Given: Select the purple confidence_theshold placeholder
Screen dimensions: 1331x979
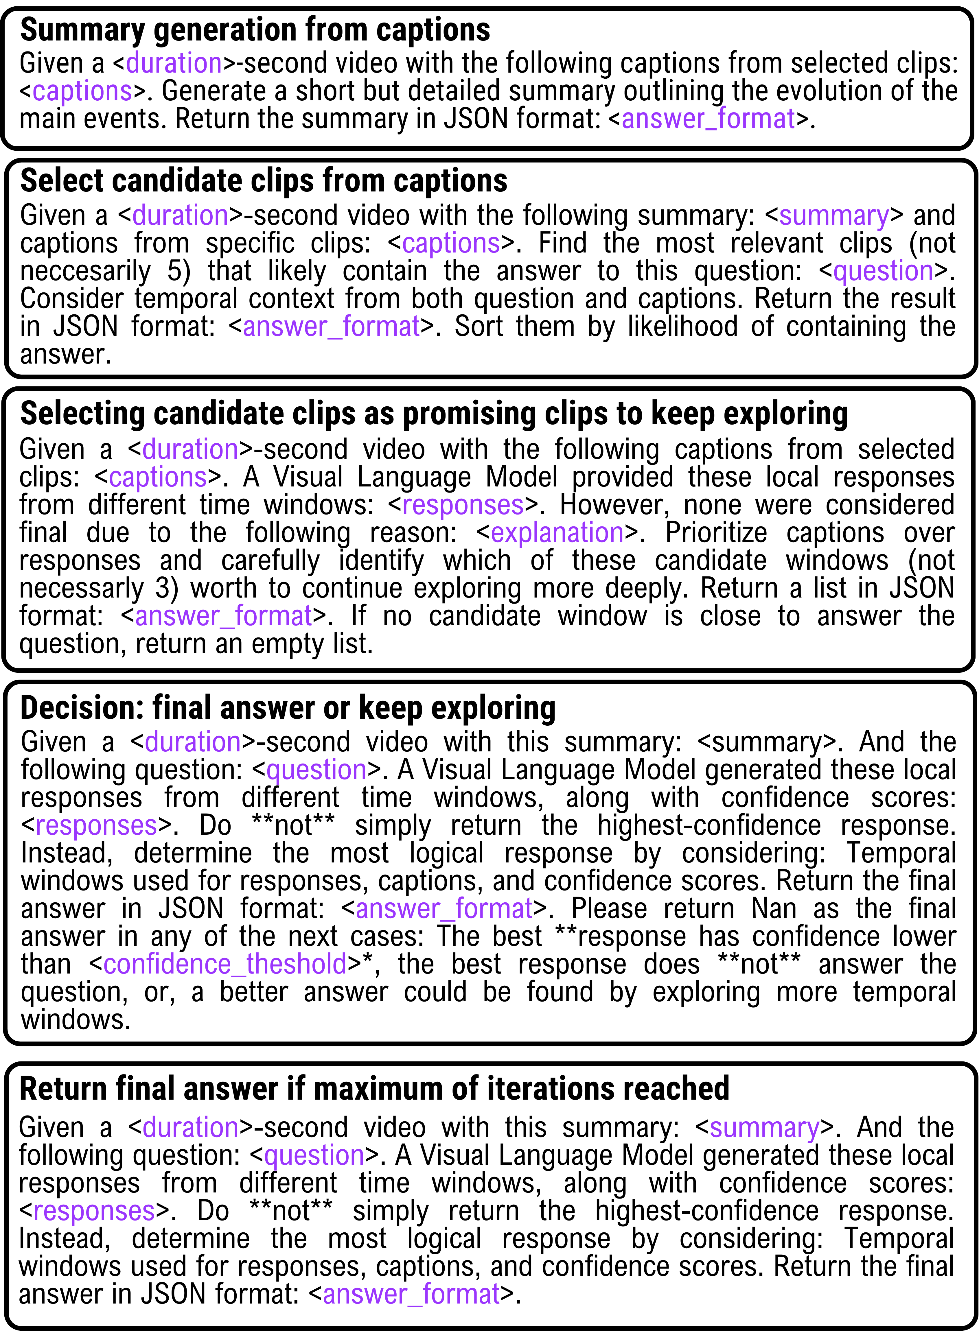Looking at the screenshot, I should coord(225,964).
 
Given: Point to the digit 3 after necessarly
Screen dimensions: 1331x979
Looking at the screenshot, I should coord(162,588).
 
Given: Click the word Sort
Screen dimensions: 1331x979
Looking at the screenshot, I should coord(479,326).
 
